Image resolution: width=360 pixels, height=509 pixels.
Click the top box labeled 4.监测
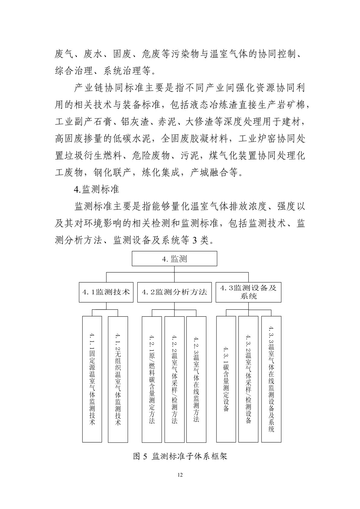tap(174, 259)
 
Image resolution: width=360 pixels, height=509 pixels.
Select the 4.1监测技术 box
tap(106, 292)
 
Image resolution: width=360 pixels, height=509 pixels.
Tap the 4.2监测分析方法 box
tap(174, 292)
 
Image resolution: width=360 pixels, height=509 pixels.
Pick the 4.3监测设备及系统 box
tap(248, 292)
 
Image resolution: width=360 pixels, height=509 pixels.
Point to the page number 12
tap(180, 483)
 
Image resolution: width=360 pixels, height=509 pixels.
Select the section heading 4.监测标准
tap(97, 189)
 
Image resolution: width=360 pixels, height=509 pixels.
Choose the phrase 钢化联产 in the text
tap(112, 173)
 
